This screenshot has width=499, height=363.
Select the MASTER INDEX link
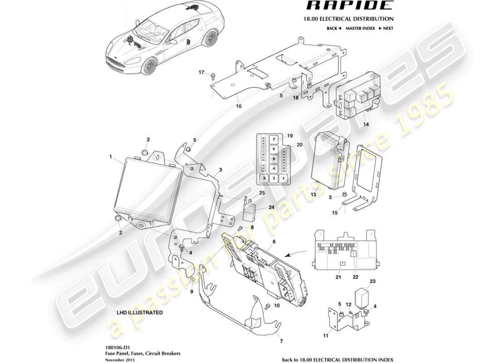(x=360, y=28)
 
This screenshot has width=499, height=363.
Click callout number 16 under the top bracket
(x=239, y=106)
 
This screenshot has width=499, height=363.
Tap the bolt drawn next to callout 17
(x=212, y=76)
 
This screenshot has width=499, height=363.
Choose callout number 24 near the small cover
(x=259, y=207)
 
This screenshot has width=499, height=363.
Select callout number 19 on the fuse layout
(x=290, y=135)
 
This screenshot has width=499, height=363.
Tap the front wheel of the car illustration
(x=149, y=67)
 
